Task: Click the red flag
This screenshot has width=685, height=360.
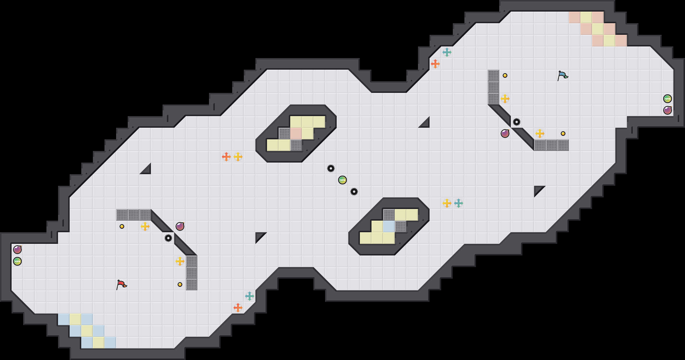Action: pyautogui.click(x=122, y=285)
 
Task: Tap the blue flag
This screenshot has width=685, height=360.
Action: pyautogui.click(x=563, y=75)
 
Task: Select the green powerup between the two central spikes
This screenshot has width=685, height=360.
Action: pyautogui.click(x=342, y=180)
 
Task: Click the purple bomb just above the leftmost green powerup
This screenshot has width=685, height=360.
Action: pyautogui.click(x=17, y=250)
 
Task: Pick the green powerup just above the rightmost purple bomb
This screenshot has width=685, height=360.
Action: pyautogui.click(x=668, y=99)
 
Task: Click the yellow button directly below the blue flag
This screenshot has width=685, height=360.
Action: pyautogui.click(x=563, y=134)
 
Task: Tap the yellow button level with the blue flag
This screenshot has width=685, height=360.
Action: pyautogui.click(x=505, y=75)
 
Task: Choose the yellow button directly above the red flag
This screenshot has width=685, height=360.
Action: pyautogui.click(x=122, y=226)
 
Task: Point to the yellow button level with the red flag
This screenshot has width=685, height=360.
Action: pyautogui.click(x=180, y=285)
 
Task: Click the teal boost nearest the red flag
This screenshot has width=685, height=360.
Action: pyautogui.click(x=250, y=296)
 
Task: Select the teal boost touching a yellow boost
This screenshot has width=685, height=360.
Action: pyautogui.click(x=459, y=203)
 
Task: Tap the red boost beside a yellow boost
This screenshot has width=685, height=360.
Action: pyautogui.click(x=226, y=157)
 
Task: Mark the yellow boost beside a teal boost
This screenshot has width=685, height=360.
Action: pyautogui.click(x=447, y=203)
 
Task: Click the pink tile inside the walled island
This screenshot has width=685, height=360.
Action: pyautogui.click(x=296, y=134)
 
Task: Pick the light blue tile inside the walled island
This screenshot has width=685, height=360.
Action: pyautogui.click(x=389, y=226)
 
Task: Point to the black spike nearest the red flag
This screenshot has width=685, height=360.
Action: pyautogui.click(x=168, y=238)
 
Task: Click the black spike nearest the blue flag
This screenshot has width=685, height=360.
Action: pyautogui.click(x=517, y=122)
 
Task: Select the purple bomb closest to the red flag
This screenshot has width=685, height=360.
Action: pyautogui.click(x=180, y=226)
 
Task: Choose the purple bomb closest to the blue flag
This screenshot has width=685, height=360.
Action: pyautogui.click(x=505, y=134)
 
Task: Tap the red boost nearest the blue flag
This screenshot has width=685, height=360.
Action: pyautogui.click(x=435, y=64)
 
